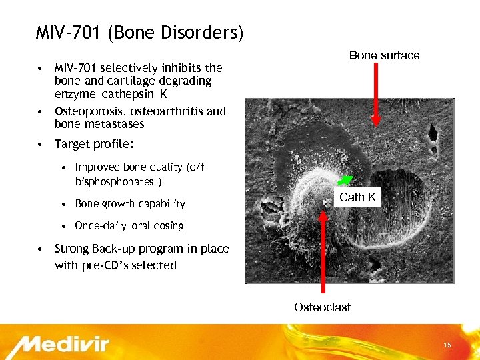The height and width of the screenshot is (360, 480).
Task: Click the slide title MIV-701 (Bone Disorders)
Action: pyautogui.click(x=139, y=32)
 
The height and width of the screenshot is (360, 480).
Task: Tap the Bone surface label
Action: pyautogui.click(x=384, y=55)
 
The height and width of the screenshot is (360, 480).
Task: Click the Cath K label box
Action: pyautogui.click(x=357, y=197)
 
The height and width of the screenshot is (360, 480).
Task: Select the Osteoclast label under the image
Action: pyautogui.click(x=322, y=307)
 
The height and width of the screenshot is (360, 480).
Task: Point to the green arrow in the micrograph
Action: pyautogui.click(x=344, y=179)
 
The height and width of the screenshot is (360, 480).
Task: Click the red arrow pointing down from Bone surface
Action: pyautogui.click(x=376, y=93)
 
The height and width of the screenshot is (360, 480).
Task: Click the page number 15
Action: pyautogui.click(x=447, y=345)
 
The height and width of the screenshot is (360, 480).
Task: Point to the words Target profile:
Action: pyautogui.click(x=94, y=144)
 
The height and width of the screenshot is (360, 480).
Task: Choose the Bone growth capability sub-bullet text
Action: pyautogui.click(x=130, y=203)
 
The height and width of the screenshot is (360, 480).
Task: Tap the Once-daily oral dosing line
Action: pyautogui.click(x=129, y=225)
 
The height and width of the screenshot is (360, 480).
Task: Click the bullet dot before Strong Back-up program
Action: pyautogui.click(x=41, y=249)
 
